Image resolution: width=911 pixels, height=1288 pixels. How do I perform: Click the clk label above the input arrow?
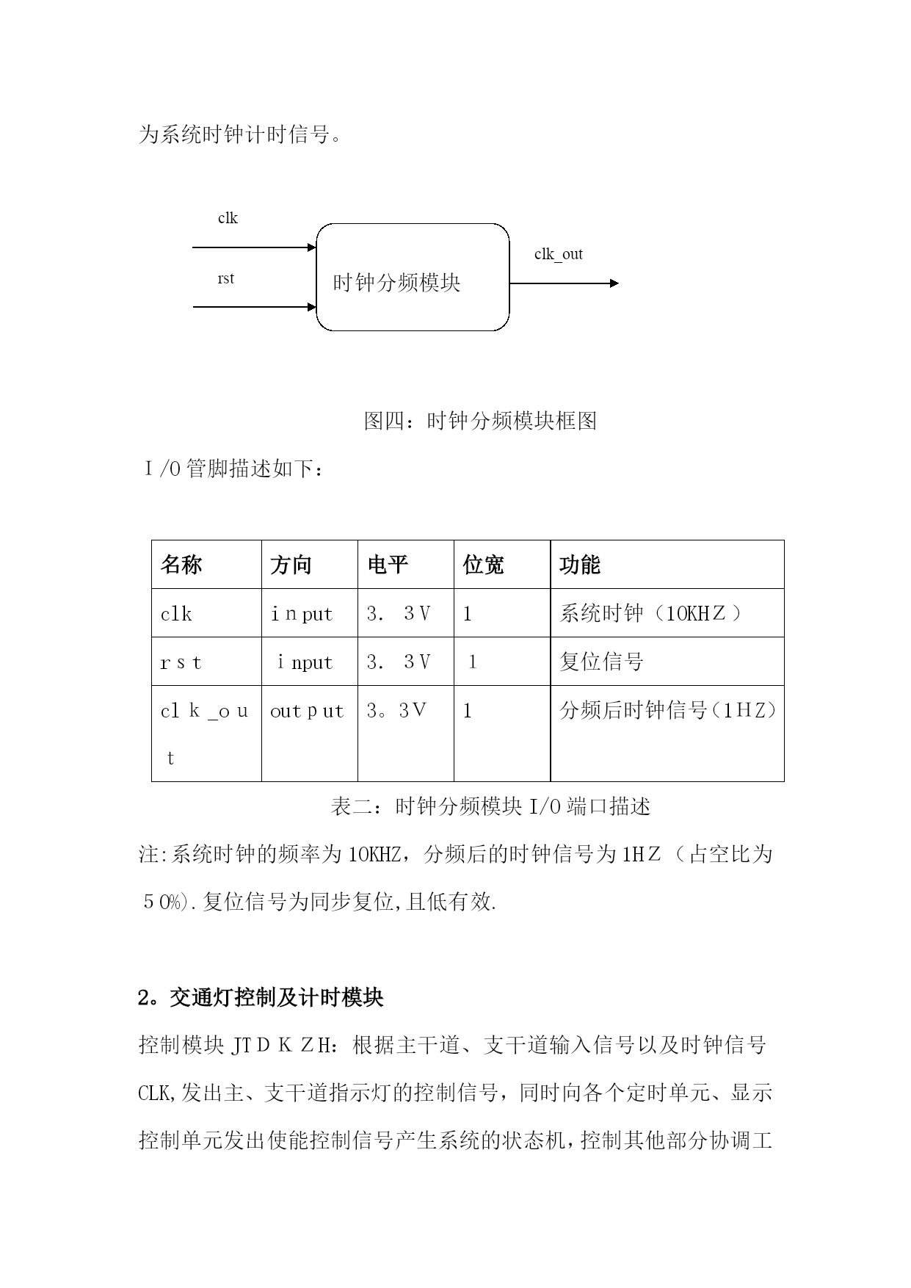click(x=228, y=218)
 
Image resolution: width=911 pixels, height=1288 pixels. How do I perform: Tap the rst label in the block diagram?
click(x=226, y=278)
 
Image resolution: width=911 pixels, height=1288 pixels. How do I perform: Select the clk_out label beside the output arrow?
click(x=558, y=254)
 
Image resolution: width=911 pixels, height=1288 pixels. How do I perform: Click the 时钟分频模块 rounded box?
click(x=413, y=278)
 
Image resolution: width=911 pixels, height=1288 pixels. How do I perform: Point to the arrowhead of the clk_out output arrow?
click(x=614, y=283)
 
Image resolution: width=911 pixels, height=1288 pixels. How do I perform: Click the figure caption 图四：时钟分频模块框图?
click(x=480, y=421)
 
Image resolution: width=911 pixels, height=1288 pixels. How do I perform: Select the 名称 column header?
click(x=181, y=565)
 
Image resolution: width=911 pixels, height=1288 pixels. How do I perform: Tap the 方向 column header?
click(x=291, y=565)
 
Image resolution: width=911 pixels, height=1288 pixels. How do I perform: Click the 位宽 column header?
click(x=483, y=565)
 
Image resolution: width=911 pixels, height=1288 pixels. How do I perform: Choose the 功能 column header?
click(x=580, y=565)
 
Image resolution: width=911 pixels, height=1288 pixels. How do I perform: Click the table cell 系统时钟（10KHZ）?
click(x=650, y=613)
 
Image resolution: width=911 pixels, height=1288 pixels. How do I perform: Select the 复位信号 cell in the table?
click(x=601, y=662)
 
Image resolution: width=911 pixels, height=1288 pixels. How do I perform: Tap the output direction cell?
click(x=307, y=711)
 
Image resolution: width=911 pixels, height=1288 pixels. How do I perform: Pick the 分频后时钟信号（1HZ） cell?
click(x=667, y=710)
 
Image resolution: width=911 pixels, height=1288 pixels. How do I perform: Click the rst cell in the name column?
click(x=181, y=662)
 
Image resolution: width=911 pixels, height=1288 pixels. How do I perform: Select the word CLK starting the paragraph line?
click(x=153, y=1093)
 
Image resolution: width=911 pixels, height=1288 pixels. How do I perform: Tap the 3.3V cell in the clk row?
click(x=399, y=613)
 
